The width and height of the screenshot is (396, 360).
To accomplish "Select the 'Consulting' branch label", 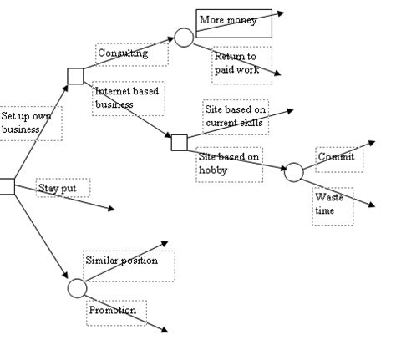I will (x=122, y=54).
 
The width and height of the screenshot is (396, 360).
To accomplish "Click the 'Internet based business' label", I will (x=127, y=98).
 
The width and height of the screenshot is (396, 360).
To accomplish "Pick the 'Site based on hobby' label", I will (x=230, y=163).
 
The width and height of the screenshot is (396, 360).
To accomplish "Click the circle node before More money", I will (x=184, y=37).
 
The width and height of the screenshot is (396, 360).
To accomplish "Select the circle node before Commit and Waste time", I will (x=293, y=173).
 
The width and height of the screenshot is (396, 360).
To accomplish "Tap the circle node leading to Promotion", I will (x=76, y=288).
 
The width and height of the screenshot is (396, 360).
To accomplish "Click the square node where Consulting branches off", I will (x=75, y=77).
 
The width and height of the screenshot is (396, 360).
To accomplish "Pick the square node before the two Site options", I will (x=180, y=142).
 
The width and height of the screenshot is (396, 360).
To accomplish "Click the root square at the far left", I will (x=7, y=186).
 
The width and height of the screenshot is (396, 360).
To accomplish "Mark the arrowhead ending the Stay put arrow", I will (x=110, y=208).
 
